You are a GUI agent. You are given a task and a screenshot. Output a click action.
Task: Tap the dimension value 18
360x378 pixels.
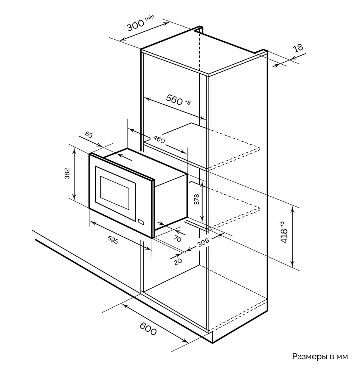[298, 48]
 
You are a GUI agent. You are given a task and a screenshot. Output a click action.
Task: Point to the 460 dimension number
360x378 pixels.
[159, 139]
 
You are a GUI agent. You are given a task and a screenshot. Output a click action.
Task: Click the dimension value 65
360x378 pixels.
[89, 135]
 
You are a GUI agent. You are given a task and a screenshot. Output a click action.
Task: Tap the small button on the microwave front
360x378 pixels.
[142, 222]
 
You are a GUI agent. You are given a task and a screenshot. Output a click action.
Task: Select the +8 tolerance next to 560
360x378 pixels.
[188, 102]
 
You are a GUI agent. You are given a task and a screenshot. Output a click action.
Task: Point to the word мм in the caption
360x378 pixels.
[342, 357]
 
